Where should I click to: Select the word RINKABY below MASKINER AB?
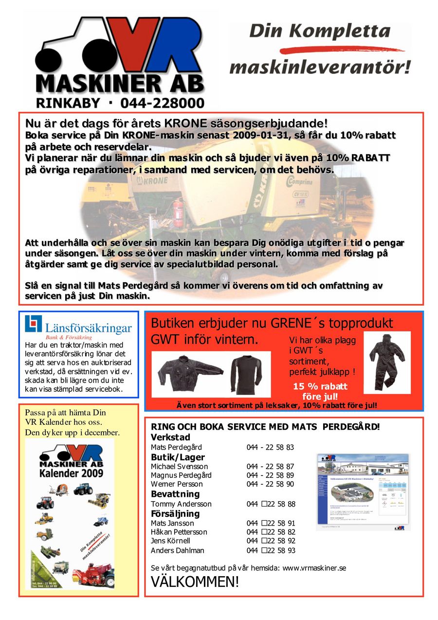(68, 103)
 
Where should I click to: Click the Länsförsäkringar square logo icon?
(33, 324)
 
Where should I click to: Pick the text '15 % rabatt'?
(320, 386)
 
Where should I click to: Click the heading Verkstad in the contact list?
(170, 437)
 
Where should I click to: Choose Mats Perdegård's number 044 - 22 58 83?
(270, 447)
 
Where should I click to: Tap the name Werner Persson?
(177, 484)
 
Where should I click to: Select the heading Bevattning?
(175, 494)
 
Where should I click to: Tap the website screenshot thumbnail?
(363, 492)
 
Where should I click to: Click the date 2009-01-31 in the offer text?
(258, 135)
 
